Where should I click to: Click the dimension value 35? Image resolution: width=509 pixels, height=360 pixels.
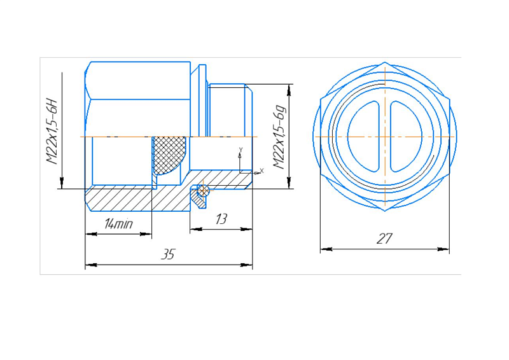168,254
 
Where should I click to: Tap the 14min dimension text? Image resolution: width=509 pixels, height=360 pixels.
118,223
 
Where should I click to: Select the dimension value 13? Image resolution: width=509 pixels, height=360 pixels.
221,219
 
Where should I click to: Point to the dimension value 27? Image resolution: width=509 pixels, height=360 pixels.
385,239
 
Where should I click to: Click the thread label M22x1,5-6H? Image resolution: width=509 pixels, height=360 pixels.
52,132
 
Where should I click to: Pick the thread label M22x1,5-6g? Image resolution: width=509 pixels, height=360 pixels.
280,137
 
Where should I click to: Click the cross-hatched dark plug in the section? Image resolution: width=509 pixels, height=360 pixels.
169,155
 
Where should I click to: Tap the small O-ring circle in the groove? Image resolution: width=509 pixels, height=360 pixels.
203,191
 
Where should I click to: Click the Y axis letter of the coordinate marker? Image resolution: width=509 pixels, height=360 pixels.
241,149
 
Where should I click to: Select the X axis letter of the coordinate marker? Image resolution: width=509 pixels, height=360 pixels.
262,170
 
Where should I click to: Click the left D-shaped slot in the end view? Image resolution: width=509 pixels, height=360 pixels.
363,136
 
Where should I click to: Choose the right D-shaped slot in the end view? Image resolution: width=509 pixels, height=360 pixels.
406,136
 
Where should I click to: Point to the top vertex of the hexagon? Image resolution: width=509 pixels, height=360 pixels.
385,62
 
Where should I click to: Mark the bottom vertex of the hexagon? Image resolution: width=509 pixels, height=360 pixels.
385,211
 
